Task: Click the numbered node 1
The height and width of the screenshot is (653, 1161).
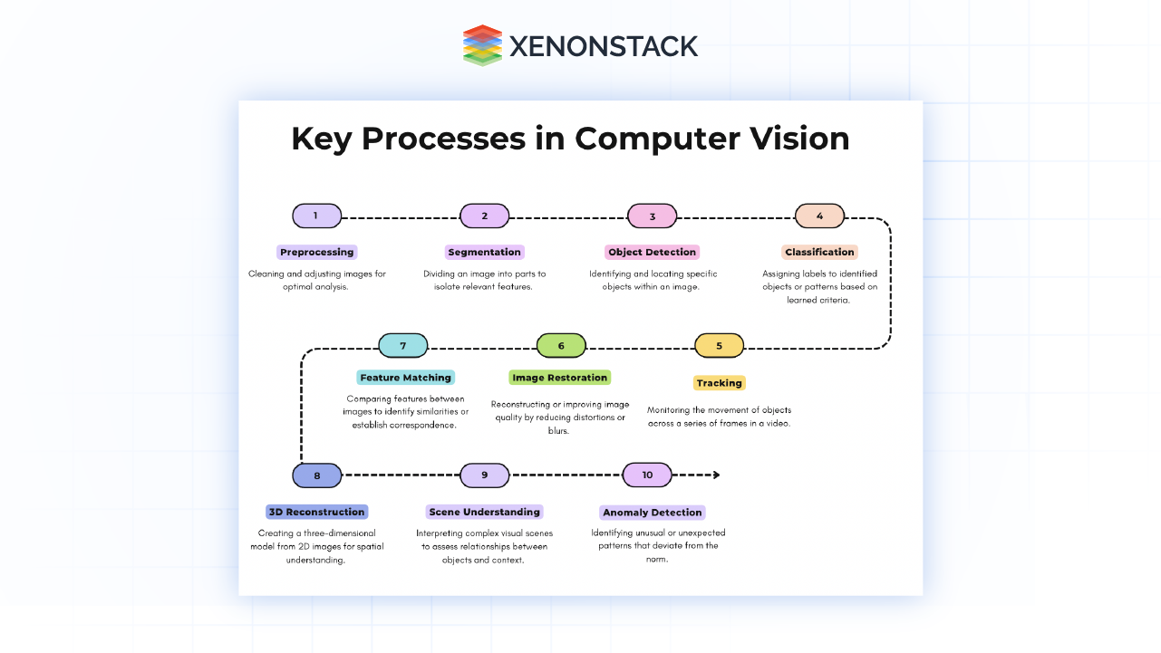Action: coord(316,216)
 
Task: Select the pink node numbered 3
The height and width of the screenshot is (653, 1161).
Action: coord(653,216)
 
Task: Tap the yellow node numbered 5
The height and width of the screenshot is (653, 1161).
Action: coord(720,346)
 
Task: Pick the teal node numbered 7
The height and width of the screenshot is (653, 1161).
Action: coord(402,346)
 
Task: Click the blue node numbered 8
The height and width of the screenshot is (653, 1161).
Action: coord(317,475)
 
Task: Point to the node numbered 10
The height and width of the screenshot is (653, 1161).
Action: coord(647,475)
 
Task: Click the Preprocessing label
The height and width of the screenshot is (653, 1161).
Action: coord(316,252)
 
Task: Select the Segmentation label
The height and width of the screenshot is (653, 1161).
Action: coord(485,252)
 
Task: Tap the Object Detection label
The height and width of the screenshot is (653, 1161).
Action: coord(653,252)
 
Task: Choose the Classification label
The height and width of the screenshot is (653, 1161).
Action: coord(819,252)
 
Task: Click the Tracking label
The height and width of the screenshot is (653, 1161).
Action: coord(720,383)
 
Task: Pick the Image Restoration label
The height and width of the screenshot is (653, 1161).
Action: coord(560,378)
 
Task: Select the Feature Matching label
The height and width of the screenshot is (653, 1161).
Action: coord(405,378)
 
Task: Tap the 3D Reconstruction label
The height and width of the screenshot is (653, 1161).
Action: coord(316,512)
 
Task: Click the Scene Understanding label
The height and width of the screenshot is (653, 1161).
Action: coord(485,512)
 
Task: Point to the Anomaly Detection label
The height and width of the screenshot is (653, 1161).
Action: coord(653,513)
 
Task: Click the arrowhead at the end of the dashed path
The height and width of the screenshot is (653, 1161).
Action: coord(716,475)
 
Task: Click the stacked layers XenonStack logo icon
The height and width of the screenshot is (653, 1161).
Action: coord(482,45)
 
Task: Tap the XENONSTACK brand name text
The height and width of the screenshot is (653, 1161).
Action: coord(604,46)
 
